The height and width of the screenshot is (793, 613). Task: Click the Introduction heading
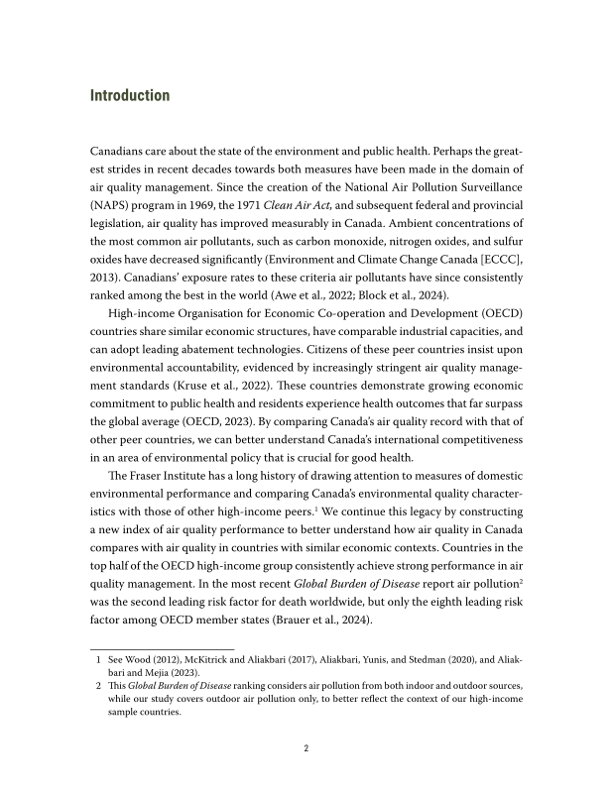130,96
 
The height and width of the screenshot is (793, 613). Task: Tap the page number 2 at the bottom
306,749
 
